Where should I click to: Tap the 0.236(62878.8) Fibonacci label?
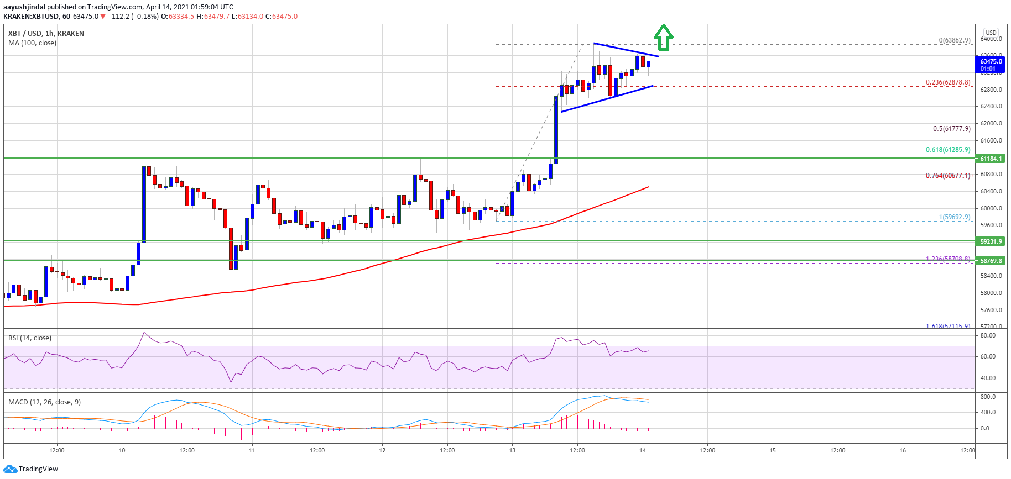(948, 82)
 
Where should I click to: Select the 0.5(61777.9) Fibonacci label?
(951, 129)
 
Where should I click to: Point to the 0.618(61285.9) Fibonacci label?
(948, 150)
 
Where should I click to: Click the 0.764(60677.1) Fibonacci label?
(948, 176)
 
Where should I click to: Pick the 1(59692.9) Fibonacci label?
(955, 217)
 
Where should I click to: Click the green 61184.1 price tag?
(991, 159)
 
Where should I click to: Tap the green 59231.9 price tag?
(991, 241)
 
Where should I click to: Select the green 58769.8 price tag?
(991, 261)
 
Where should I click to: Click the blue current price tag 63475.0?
(991, 62)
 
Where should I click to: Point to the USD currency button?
(991, 33)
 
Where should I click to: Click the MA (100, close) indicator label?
(32, 43)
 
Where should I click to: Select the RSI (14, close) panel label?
(30, 338)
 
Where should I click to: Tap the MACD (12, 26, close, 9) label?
(44, 402)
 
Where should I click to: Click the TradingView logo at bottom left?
(30, 469)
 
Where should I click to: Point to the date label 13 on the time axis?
(512, 450)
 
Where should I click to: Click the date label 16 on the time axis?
(903, 450)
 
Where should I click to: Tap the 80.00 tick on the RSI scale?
(988, 335)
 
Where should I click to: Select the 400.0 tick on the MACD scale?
(988, 412)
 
